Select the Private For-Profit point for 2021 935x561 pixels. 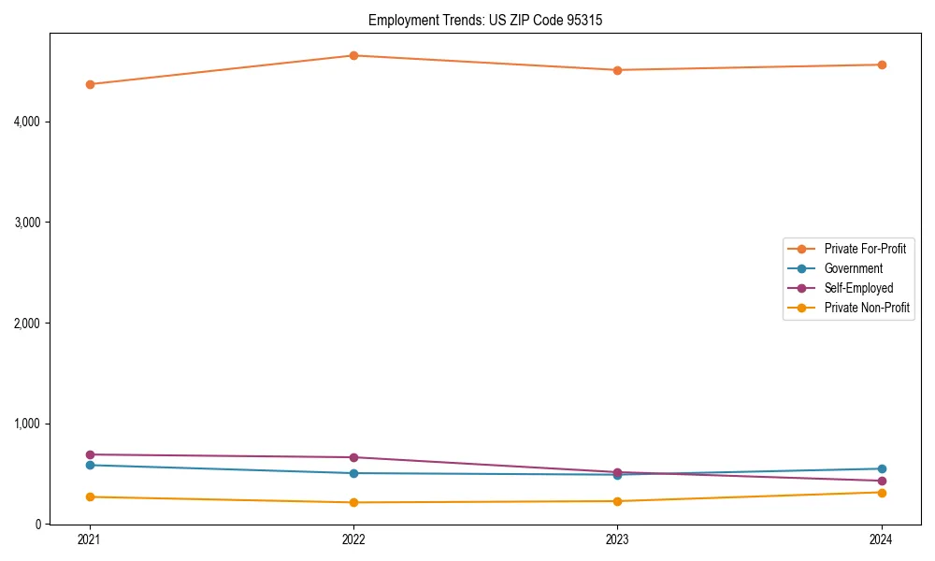tap(90, 84)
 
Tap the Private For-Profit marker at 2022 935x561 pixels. tap(353, 55)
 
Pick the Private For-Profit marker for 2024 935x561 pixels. tap(882, 65)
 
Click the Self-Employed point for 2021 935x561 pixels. tap(90, 454)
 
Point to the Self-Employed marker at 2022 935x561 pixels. tap(353, 457)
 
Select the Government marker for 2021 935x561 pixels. tap(90, 465)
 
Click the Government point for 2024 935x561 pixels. tap(882, 468)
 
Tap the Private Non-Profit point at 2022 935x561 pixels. tap(353, 502)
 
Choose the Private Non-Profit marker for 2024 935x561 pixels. tap(882, 492)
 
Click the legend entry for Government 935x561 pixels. tap(853, 268)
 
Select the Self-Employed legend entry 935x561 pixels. tap(858, 288)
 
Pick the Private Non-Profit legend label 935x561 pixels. tap(867, 308)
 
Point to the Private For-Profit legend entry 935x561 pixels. tap(865, 249)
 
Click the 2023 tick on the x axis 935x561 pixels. tap(617, 539)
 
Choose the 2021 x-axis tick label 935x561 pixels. tap(90, 539)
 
